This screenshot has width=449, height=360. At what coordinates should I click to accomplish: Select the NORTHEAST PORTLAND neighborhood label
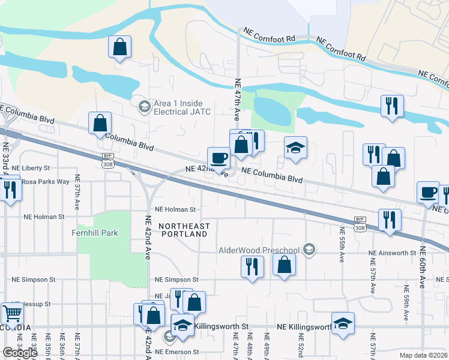[x=184, y=230]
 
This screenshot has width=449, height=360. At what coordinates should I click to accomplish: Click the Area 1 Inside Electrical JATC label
[x=178, y=107]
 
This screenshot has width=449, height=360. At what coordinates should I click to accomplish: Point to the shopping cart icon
[x=12, y=313]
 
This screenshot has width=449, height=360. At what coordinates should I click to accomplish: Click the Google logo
[x=20, y=353]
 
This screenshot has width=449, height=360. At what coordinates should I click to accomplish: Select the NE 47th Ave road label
[x=238, y=100]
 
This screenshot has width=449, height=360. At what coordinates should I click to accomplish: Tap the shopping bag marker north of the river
[x=120, y=47]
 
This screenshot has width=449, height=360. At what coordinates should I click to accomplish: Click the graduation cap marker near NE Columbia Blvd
[x=295, y=148]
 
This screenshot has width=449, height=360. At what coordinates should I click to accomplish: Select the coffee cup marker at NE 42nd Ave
[x=219, y=158]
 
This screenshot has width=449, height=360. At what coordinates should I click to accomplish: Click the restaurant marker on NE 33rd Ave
[x=10, y=190]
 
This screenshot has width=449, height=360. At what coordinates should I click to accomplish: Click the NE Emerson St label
[x=176, y=352]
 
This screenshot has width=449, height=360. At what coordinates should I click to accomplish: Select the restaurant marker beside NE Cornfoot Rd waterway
[x=391, y=107]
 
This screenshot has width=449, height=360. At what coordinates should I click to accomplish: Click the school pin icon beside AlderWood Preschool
[x=309, y=250]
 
